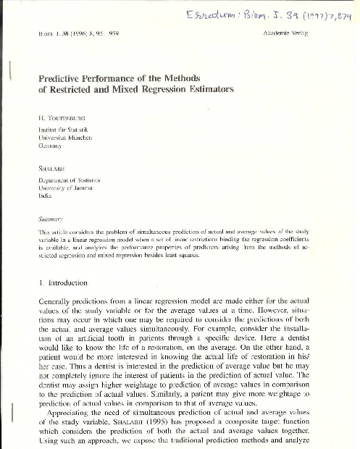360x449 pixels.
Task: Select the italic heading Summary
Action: [x=51, y=214]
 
